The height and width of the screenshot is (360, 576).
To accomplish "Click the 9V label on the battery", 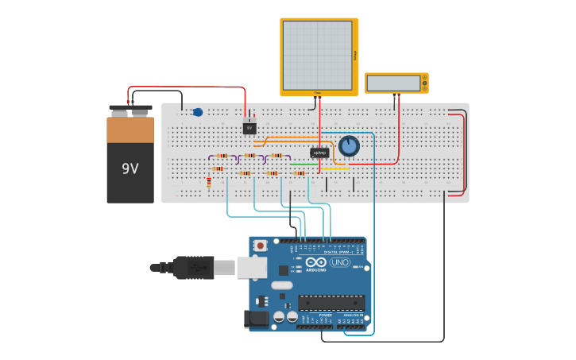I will [130, 168].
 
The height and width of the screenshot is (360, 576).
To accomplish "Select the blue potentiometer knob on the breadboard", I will [349, 146].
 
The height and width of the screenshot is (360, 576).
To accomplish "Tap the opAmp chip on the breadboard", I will [319, 153].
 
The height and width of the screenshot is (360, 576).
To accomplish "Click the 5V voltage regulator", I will [249, 128].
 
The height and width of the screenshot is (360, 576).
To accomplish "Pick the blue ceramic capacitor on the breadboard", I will [198, 112].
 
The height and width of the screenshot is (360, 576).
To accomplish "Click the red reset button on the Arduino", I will [261, 246].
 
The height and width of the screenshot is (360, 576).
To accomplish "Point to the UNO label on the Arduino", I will [340, 262].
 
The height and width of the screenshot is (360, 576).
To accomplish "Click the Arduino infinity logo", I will [315, 262].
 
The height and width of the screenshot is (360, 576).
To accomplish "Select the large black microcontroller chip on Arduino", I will [331, 303].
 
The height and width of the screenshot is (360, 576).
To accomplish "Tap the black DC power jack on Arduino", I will [257, 319].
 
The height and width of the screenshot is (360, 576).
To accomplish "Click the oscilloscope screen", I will [317, 55].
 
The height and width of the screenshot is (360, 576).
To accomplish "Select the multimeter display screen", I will [393, 83].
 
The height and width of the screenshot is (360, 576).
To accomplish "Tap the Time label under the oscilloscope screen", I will [318, 93].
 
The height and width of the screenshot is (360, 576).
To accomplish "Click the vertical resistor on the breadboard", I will [209, 183].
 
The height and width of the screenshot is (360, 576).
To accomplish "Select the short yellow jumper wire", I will [334, 168].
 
